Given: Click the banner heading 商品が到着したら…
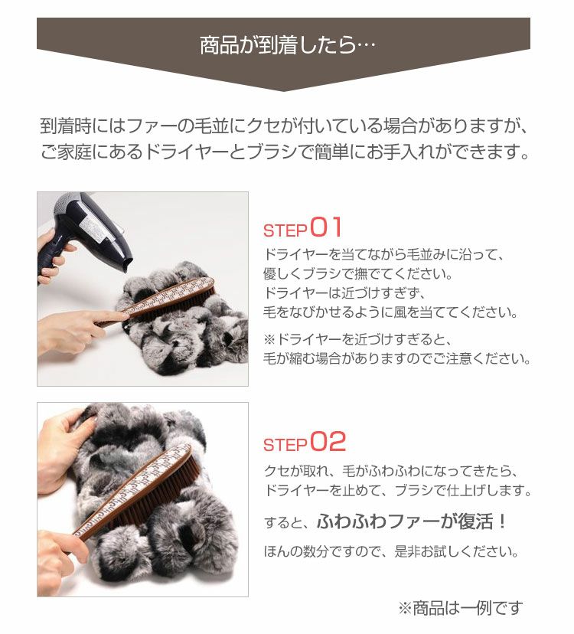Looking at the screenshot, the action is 288,44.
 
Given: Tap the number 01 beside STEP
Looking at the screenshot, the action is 326,227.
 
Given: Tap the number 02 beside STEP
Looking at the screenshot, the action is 328,442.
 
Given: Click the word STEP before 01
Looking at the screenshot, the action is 285,231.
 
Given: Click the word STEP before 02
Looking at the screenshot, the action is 285,445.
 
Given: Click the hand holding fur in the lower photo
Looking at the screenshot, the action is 63,449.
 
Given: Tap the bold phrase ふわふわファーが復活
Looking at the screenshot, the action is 406,521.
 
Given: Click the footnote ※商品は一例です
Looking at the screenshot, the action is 461,608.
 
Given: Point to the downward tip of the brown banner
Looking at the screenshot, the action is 283,91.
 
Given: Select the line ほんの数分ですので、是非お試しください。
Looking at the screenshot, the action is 391,551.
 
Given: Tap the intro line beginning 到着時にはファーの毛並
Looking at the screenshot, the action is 285,126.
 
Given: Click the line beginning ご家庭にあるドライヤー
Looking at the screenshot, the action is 285,152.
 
